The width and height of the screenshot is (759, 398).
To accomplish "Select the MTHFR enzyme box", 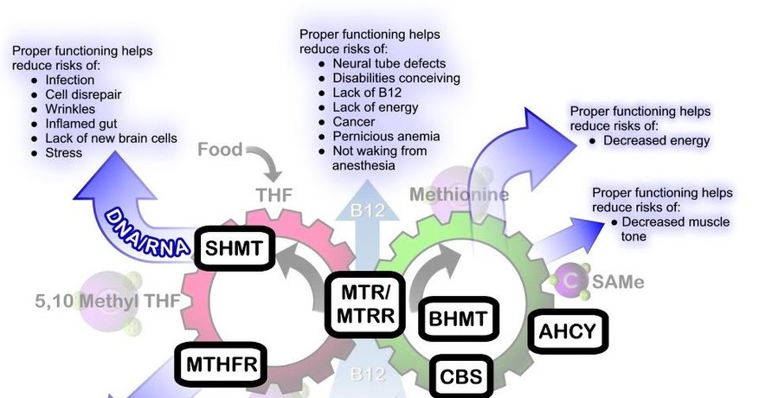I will [x=222, y=365].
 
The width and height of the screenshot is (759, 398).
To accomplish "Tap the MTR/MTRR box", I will [x=367, y=304].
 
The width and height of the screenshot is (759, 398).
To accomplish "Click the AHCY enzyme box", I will [x=568, y=331].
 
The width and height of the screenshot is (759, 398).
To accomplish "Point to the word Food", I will [x=220, y=150].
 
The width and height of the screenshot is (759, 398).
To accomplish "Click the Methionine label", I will [x=459, y=195].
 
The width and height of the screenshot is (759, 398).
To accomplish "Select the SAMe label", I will [x=618, y=282].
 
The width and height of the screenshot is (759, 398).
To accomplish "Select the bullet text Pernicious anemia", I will [x=386, y=137].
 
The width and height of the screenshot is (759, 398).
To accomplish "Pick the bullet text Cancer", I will [x=354, y=122].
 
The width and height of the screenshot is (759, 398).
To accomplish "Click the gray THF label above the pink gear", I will [x=274, y=195].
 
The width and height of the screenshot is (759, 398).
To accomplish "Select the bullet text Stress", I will [x=64, y=153].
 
